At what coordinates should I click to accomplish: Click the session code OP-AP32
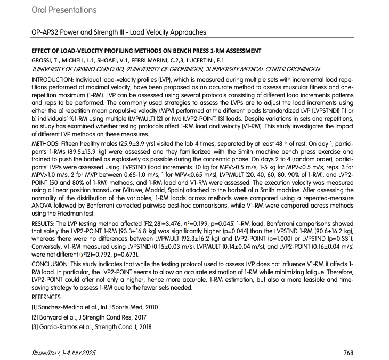click(48, 32)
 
